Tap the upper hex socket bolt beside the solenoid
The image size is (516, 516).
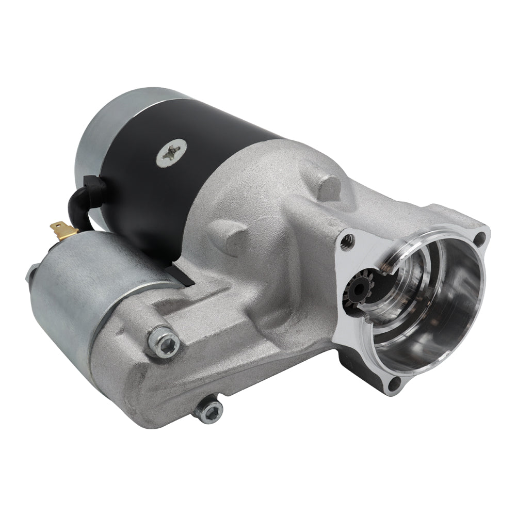[165, 341]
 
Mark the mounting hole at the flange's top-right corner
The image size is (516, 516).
[479, 238]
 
